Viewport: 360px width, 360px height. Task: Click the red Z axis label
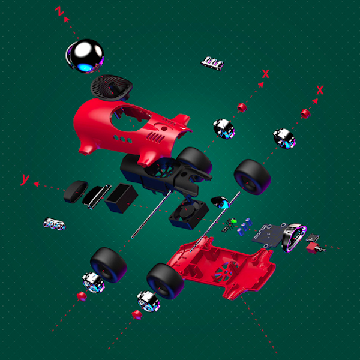pyautogui.click(x=59, y=11)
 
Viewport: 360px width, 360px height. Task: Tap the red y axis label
pyautogui.click(x=25, y=179)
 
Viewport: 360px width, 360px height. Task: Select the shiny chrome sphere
pyautogui.click(x=85, y=56)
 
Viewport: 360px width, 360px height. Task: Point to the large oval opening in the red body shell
pyautogui.click(x=130, y=118)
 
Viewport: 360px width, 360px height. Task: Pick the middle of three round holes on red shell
pyautogui.click(x=123, y=139)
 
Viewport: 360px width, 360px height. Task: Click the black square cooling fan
pyautogui.click(x=189, y=214)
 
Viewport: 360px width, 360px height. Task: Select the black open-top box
pyautogui.click(x=121, y=198)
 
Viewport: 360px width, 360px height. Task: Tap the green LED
pyautogui.click(x=234, y=221)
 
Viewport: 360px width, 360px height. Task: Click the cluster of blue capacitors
pyautogui.click(x=245, y=227)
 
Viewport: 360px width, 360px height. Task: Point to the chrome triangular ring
pyautogui.click(x=294, y=238)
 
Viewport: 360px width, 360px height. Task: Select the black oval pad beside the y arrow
pyautogui.click(x=76, y=192)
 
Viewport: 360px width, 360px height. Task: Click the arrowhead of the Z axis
pyautogui.click(x=67, y=20)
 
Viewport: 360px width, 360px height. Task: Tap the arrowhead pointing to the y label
pyautogui.click(x=37, y=184)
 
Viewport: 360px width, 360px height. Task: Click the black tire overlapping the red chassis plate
pyautogui.click(x=166, y=281)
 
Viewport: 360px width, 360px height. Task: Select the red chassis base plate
pyautogui.click(x=220, y=266)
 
